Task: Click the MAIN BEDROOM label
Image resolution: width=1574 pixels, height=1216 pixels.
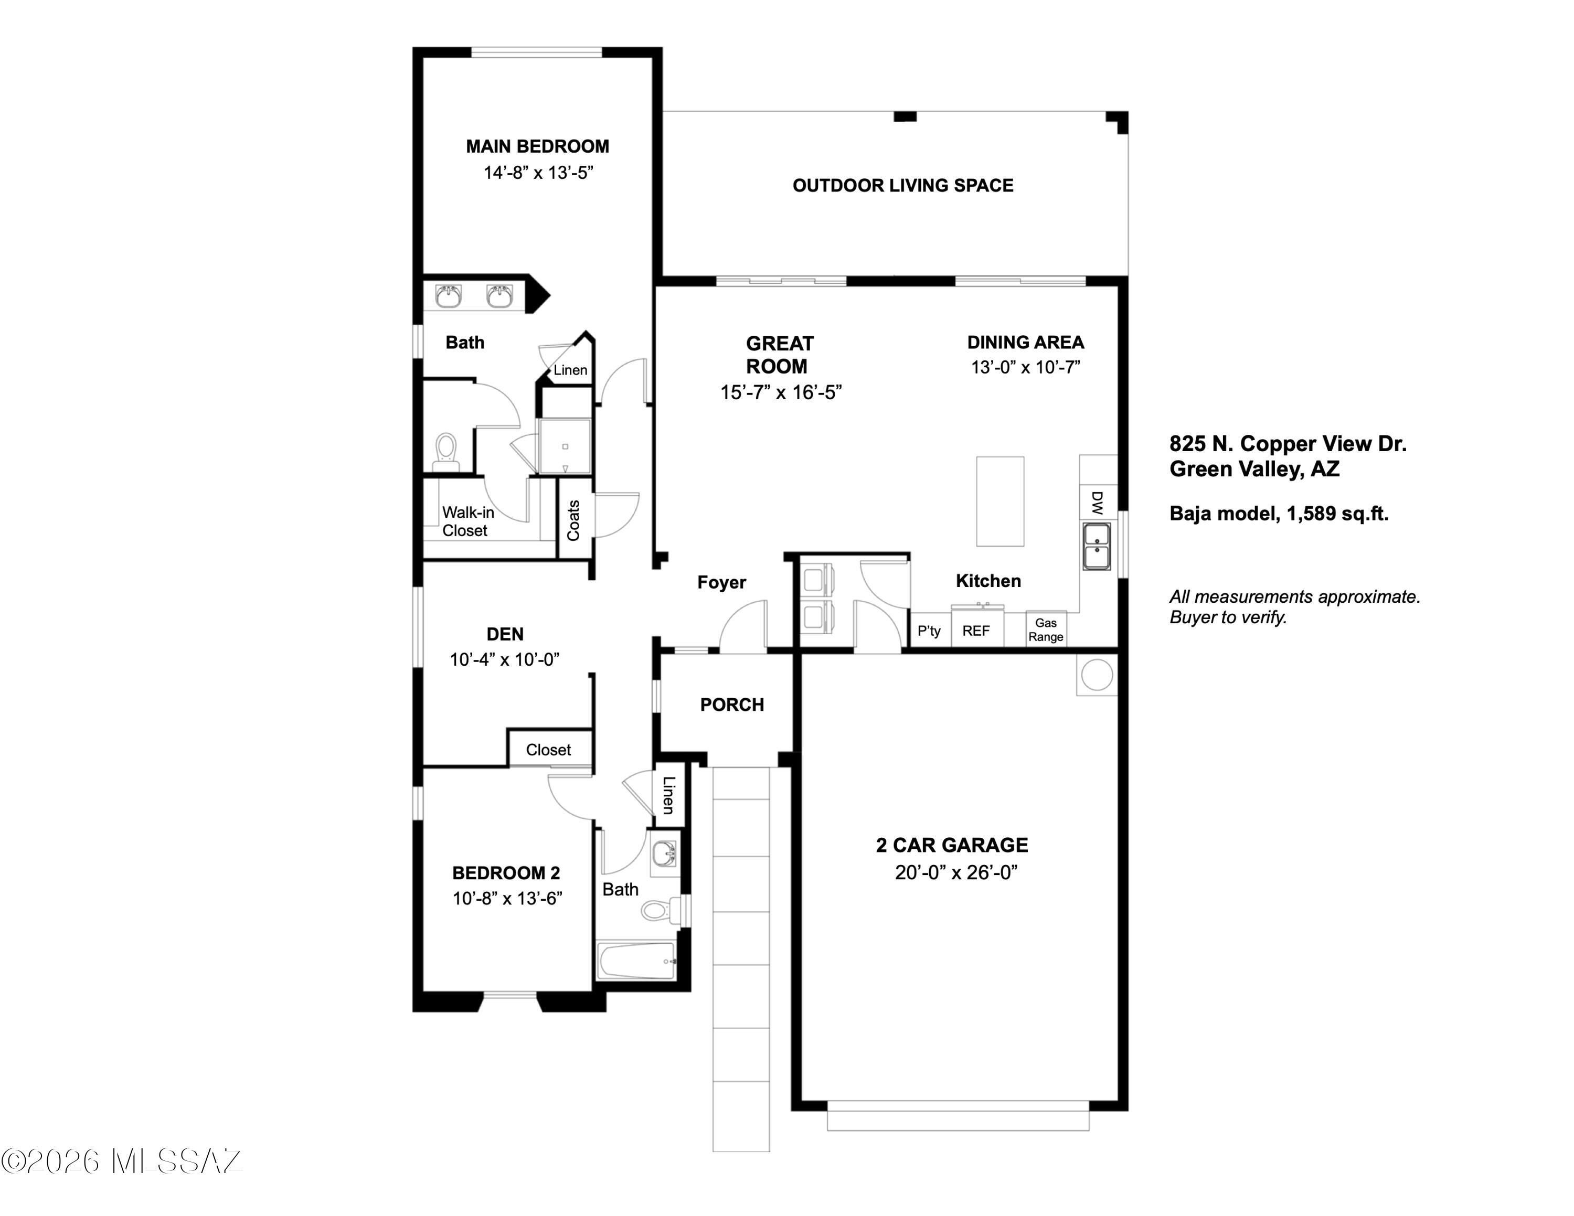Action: (x=538, y=146)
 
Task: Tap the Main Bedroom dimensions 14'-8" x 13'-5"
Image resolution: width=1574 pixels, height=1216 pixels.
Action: (x=538, y=173)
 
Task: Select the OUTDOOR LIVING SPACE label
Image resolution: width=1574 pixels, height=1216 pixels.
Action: (x=903, y=186)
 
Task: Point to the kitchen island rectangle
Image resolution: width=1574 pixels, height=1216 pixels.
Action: (x=1001, y=502)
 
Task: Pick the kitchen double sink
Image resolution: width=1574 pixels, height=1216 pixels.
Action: (x=1097, y=547)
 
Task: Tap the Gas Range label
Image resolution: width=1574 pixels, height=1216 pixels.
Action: (x=1046, y=630)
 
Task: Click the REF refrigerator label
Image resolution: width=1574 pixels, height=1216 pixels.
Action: (x=976, y=631)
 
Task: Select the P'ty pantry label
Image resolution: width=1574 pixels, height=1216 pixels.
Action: (x=929, y=631)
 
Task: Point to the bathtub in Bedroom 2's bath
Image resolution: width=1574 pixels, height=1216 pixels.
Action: (x=637, y=961)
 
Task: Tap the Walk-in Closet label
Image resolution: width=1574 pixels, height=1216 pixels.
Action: (x=467, y=521)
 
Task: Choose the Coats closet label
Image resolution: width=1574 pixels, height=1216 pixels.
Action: (x=573, y=520)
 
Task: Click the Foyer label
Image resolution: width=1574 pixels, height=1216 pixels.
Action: (x=721, y=582)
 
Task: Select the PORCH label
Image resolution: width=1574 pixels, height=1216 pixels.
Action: (x=732, y=705)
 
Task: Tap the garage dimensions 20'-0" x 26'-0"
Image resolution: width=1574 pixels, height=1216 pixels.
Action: (x=955, y=872)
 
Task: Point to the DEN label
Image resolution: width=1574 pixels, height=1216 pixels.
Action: (x=505, y=634)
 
